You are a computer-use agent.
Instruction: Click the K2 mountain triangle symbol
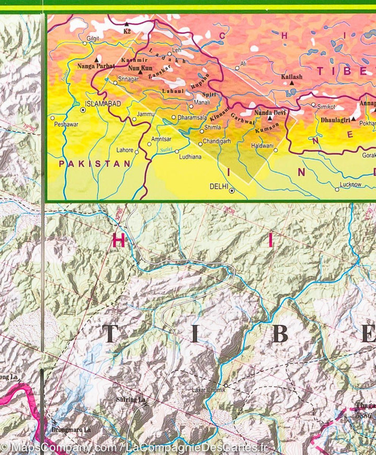[126, 24]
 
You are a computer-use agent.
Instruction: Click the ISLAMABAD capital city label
[103, 104]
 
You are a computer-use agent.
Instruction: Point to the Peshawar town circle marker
[52, 118]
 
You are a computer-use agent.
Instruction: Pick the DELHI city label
[219, 185]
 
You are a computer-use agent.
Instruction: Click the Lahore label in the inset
[125, 150]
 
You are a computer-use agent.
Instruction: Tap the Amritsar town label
[161, 139]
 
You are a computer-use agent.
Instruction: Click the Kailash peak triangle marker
[292, 83]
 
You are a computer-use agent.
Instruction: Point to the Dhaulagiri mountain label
[335, 119]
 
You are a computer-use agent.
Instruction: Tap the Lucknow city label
[350, 184]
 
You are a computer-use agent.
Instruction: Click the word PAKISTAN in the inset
[95, 164]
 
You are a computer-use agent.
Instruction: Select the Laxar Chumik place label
[207, 389]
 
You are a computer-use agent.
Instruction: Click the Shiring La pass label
[131, 400]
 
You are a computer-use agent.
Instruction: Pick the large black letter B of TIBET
[280, 334]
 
